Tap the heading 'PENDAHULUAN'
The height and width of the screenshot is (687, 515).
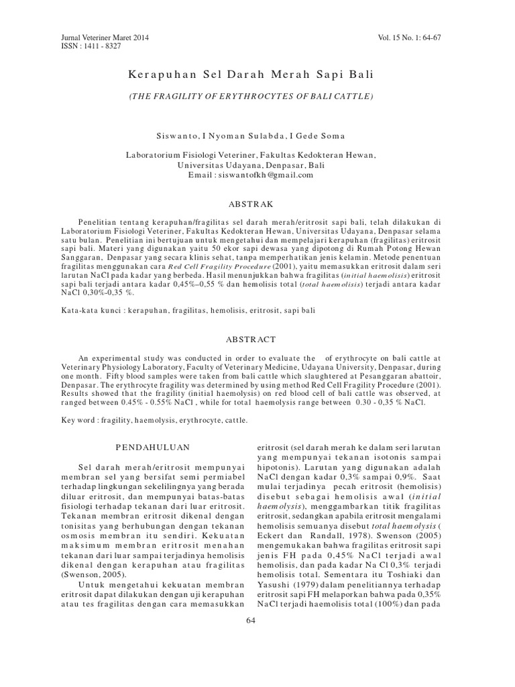[153, 446]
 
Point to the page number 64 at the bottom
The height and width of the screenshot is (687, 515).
[251, 620]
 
